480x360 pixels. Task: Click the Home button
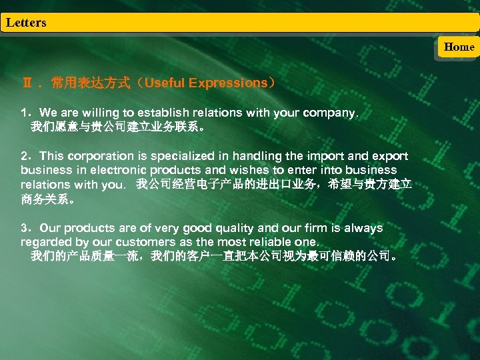pyautogui.click(x=459, y=47)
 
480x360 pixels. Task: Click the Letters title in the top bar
pyautogui.click(x=26, y=23)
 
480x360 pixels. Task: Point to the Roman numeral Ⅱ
pyautogui.click(x=27, y=83)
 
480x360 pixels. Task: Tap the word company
pyautogui.click(x=329, y=113)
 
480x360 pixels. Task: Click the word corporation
pyautogui.click(x=95, y=156)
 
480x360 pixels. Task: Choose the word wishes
pyautogui.click(x=229, y=170)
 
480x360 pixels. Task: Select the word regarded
pyautogui.click(x=43, y=242)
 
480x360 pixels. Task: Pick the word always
pyautogui.click(x=365, y=228)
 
